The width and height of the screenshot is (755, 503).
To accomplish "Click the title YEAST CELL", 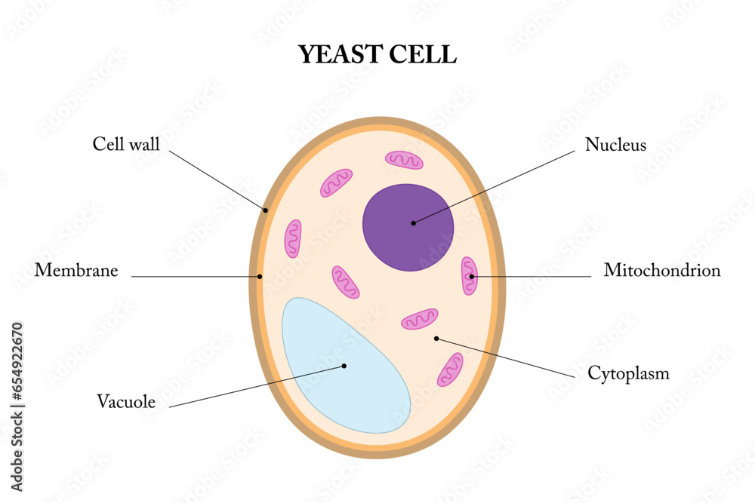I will pyautogui.click(x=377, y=54).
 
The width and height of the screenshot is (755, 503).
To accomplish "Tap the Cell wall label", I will pyautogui.click(x=126, y=144).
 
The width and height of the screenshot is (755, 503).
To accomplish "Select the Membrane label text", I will pyautogui.click(x=76, y=270).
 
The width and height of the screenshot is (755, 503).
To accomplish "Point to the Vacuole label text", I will pyautogui.click(x=126, y=402).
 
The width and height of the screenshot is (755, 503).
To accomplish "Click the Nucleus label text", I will pyautogui.click(x=615, y=145).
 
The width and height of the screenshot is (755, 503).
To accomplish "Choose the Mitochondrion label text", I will pyautogui.click(x=661, y=270).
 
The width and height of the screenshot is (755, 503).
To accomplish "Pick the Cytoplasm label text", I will pyautogui.click(x=628, y=373).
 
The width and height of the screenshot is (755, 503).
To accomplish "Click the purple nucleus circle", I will pyautogui.click(x=408, y=227).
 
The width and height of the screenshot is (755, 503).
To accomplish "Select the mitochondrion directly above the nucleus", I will pyautogui.click(x=405, y=159).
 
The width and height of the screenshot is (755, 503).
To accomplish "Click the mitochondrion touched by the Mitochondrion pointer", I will pyautogui.click(x=470, y=276).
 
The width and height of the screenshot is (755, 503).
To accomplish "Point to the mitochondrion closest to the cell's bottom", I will pyautogui.click(x=450, y=370).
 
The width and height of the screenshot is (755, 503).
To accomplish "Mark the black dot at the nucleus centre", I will pyautogui.click(x=413, y=222).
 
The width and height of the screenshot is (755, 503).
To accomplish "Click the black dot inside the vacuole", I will pyautogui.click(x=344, y=367).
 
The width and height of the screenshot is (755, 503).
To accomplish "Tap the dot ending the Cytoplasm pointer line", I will pyautogui.click(x=436, y=339).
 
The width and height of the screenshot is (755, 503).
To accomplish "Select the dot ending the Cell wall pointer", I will pyautogui.click(x=266, y=210).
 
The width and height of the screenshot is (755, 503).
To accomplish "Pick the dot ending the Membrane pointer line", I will pyautogui.click(x=260, y=277).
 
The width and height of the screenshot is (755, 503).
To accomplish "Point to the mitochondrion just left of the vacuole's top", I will pyautogui.click(x=292, y=239).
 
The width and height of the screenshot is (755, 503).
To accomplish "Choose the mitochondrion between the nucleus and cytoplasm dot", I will pyautogui.click(x=420, y=319).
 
